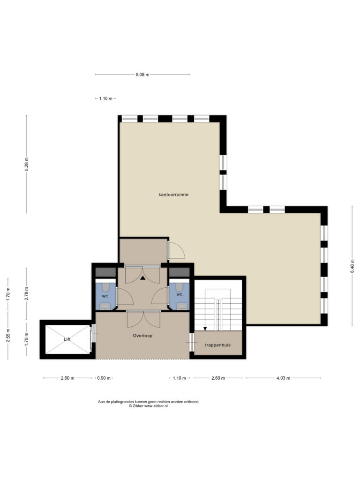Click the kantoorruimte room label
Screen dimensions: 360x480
point(173,195)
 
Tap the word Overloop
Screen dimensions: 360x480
point(142,336)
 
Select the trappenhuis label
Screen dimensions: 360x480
point(217,345)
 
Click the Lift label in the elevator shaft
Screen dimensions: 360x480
point(67,339)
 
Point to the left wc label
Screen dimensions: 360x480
point(105,296)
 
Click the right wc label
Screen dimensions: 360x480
point(180,294)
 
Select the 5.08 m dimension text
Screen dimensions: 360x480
point(142,75)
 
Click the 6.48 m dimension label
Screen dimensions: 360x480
point(352,266)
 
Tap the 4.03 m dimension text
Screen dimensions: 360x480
point(283,378)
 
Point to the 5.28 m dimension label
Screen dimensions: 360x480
point(27,164)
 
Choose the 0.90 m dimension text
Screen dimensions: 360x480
point(104,378)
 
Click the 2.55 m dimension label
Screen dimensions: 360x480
point(8,335)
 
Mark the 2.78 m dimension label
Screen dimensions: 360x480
point(27,293)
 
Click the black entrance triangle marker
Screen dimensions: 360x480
point(142,278)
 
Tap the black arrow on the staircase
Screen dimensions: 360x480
point(205,329)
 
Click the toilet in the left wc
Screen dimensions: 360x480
point(105,287)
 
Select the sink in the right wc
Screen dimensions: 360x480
point(182,306)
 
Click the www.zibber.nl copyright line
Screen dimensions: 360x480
point(148,406)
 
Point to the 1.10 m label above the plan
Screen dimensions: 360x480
point(105,98)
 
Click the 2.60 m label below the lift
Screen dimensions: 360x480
point(67,378)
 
